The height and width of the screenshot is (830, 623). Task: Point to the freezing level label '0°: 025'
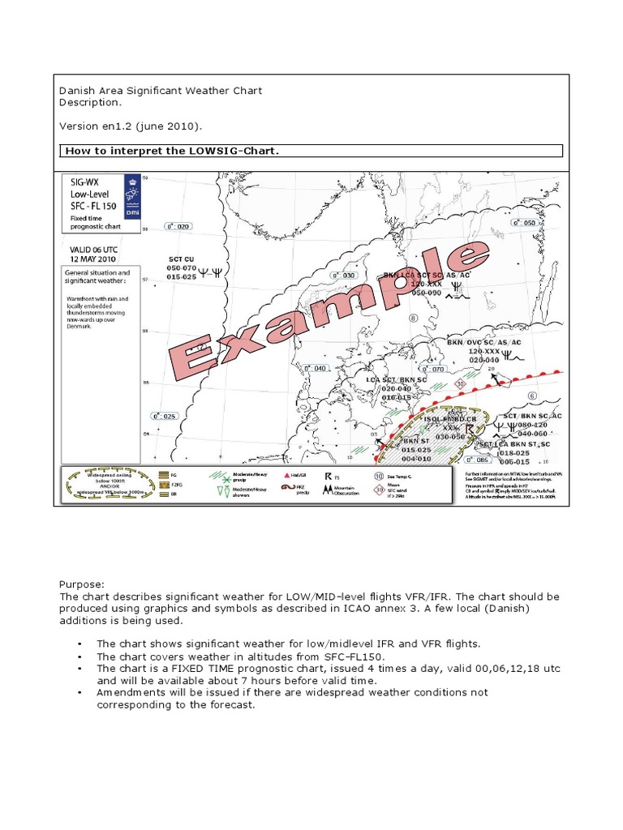pos(165,416)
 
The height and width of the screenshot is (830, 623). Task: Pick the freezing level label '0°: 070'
pos(435,369)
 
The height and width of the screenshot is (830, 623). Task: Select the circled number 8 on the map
pos(413,319)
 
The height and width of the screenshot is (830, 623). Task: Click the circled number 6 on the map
pos(532,396)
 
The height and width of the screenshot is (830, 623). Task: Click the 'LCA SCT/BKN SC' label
pos(396,379)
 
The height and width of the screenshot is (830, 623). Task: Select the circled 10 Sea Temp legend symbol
pos(379,477)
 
